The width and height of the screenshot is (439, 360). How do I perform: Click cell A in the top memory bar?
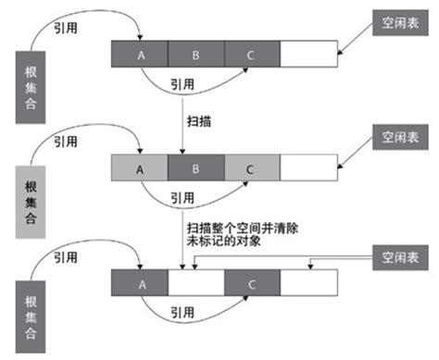coord(140,55)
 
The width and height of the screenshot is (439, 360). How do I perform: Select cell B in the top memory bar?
coord(195,55)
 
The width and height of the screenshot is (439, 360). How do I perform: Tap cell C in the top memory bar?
coord(251,55)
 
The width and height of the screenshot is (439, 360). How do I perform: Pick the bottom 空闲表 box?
coord(396,253)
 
